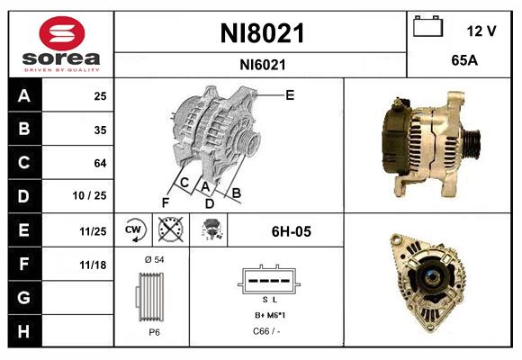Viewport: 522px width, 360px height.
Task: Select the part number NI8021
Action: pyautogui.click(x=262, y=34)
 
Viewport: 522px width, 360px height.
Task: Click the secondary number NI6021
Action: pyautogui.click(x=262, y=64)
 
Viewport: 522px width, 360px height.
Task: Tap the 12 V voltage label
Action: pyautogui.click(x=481, y=31)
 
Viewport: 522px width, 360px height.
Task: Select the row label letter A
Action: pyautogui.click(x=24, y=96)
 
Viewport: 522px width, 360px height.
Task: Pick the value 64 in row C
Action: pyautogui.click(x=100, y=163)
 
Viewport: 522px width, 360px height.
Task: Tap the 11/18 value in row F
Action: pyautogui.click(x=94, y=264)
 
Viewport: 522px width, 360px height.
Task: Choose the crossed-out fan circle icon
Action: pyautogui.click(x=170, y=230)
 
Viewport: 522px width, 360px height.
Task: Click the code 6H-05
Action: pyautogui.click(x=291, y=231)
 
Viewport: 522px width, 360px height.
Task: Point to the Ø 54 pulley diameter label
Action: pyautogui.click(x=153, y=260)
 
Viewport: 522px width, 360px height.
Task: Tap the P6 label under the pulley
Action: pyautogui.click(x=154, y=332)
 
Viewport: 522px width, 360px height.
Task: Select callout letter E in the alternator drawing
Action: pyautogui.click(x=289, y=94)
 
